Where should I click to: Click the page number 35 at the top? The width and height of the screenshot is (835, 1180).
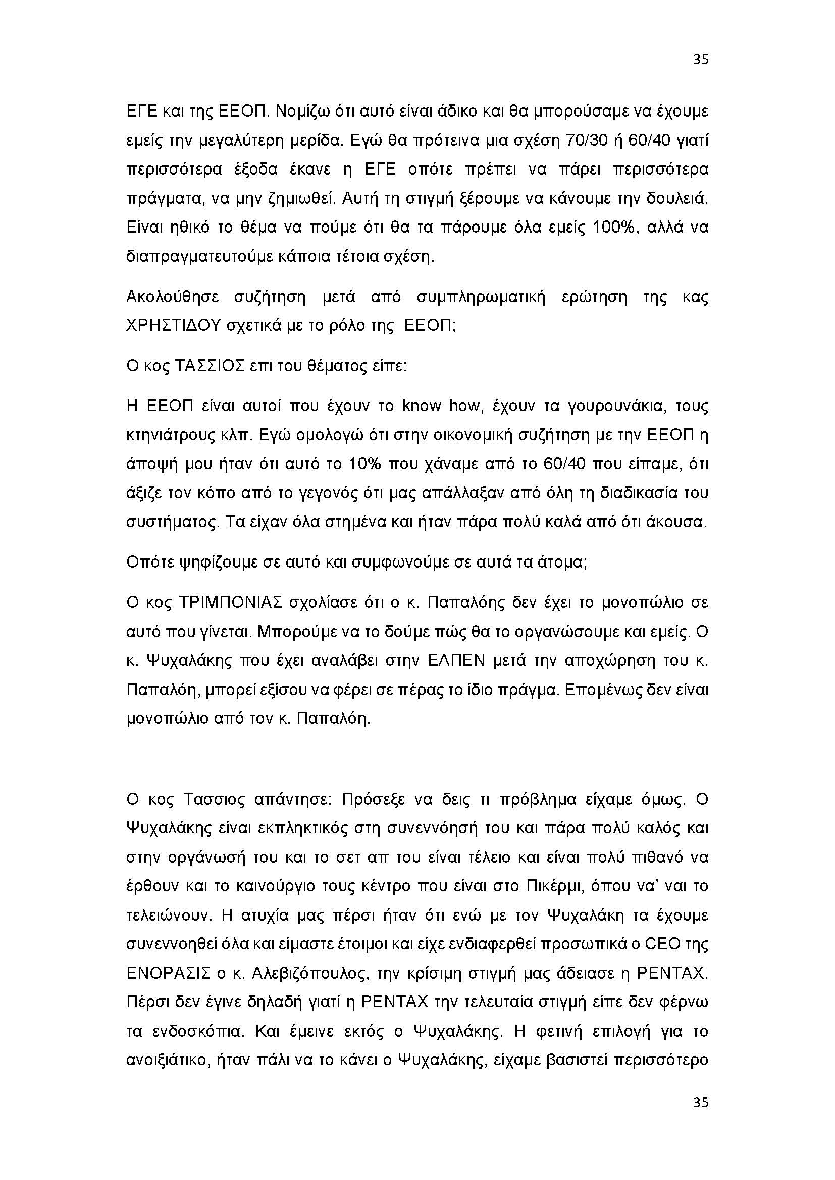pyautogui.click(x=701, y=60)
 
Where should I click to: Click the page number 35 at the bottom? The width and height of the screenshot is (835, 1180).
pyautogui.click(x=701, y=1102)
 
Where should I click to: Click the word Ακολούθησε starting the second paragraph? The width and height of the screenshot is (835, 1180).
pyautogui.click(x=173, y=297)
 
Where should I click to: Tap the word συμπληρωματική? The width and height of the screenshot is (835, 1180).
pyautogui.click(x=480, y=298)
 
